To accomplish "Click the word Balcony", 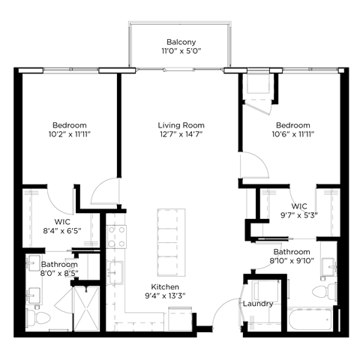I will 181,42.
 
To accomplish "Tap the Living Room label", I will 181,125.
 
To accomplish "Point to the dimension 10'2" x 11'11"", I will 70,136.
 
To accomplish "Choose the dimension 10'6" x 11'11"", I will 292,136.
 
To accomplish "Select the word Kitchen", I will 166,287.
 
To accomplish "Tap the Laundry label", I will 257,304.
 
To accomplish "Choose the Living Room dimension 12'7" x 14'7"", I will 181,136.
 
